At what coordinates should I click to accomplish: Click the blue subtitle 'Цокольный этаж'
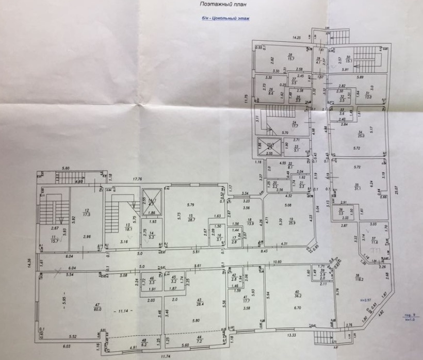225,18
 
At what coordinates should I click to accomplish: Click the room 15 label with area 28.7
191,218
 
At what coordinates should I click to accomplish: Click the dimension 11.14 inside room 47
122,312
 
